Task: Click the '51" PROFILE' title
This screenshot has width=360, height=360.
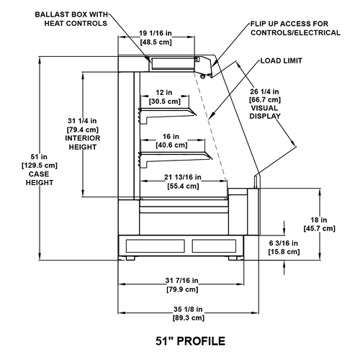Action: (190, 341)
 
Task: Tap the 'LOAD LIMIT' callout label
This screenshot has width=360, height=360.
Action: (282, 60)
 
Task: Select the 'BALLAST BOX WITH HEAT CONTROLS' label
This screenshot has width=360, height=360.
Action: (71, 19)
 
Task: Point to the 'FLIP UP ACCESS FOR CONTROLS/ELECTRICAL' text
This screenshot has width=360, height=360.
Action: (295, 28)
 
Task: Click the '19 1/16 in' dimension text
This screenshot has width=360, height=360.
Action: (156, 33)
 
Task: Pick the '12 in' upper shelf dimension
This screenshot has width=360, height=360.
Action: (164, 92)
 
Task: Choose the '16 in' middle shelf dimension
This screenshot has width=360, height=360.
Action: (171, 137)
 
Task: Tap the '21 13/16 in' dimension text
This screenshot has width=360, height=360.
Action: (183, 177)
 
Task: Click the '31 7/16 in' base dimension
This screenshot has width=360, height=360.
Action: (182, 280)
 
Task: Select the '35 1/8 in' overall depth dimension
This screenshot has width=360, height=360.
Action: (188, 310)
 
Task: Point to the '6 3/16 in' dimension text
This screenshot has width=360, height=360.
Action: (284, 243)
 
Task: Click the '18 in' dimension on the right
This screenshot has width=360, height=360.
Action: (319, 220)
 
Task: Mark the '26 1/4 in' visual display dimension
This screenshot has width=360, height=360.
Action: (264, 91)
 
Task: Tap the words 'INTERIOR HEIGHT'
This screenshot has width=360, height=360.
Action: (83, 143)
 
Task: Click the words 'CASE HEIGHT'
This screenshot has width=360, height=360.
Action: (40, 179)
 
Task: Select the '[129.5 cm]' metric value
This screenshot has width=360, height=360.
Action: (40, 166)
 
